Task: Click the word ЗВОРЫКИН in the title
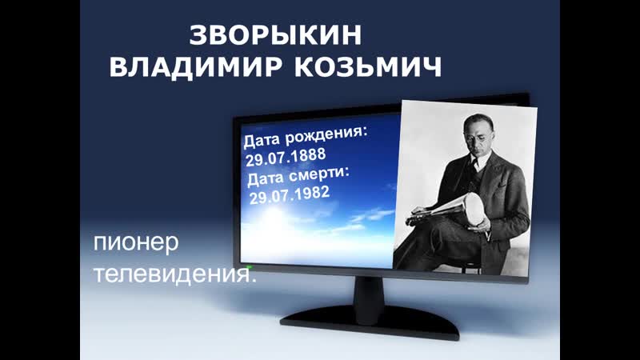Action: coord(275,34)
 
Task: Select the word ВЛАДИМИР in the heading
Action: coord(195,66)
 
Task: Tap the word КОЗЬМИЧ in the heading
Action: coord(368,66)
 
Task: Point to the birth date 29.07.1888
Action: coord(286,157)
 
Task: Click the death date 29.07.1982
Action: coord(290,195)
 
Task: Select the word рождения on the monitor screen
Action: coord(326,135)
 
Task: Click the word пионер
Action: coord(136,243)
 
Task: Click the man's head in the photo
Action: coord(478,134)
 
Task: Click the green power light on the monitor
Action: coord(249,267)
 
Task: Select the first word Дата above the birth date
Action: coord(262,141)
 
